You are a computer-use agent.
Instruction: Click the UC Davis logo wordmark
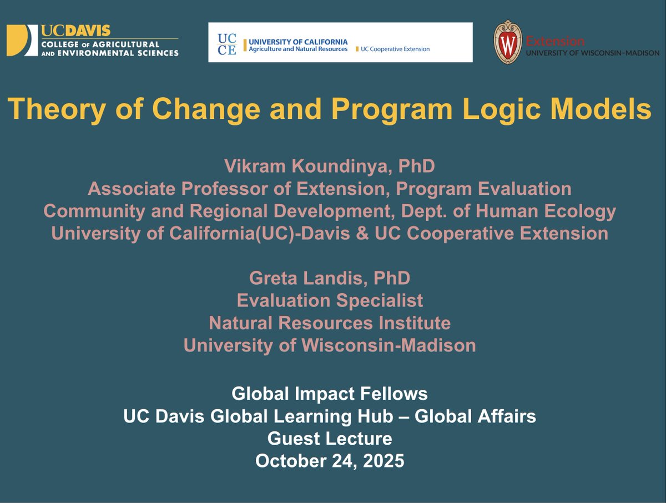point(75,31)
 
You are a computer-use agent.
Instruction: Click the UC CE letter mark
point(226,43)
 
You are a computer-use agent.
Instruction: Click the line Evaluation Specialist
point(330,300)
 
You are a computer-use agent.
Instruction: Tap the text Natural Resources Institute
point(330,323)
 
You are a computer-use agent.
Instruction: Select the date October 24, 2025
point(330,461)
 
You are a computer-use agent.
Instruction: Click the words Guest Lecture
point(330,439)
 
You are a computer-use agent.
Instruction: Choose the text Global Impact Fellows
point(330,394)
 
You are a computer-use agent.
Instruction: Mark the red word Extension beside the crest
point(555,41)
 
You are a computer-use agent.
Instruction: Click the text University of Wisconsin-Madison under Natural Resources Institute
point(330,345)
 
